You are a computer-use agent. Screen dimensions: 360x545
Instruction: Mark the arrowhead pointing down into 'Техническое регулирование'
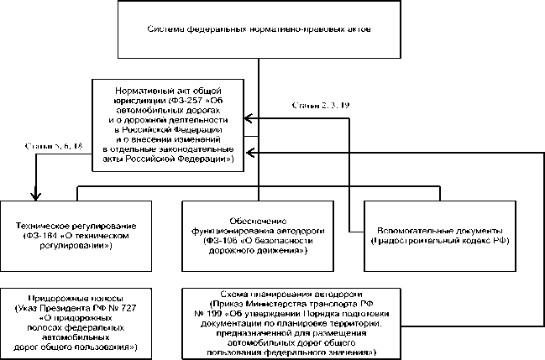tap(35, 196)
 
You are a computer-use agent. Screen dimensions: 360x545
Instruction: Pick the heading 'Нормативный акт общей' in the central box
tap(169, 88)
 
